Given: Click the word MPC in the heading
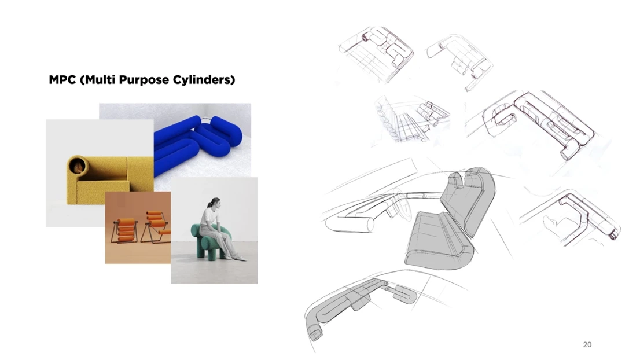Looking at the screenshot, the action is pyautogui.click(x=62, y=79).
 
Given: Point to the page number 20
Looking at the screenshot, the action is pyautogui.click(x=587, y=344).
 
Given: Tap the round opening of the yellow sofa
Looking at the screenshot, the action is pyautogui.click(x=77, y=166).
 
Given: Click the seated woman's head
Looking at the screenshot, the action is pyautogui.click(x=214, y=203).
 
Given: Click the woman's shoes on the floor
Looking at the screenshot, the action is pyautogui.click(x=237, y=257).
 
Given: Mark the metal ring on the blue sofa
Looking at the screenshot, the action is pyautogui.click(x=207, y=119).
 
